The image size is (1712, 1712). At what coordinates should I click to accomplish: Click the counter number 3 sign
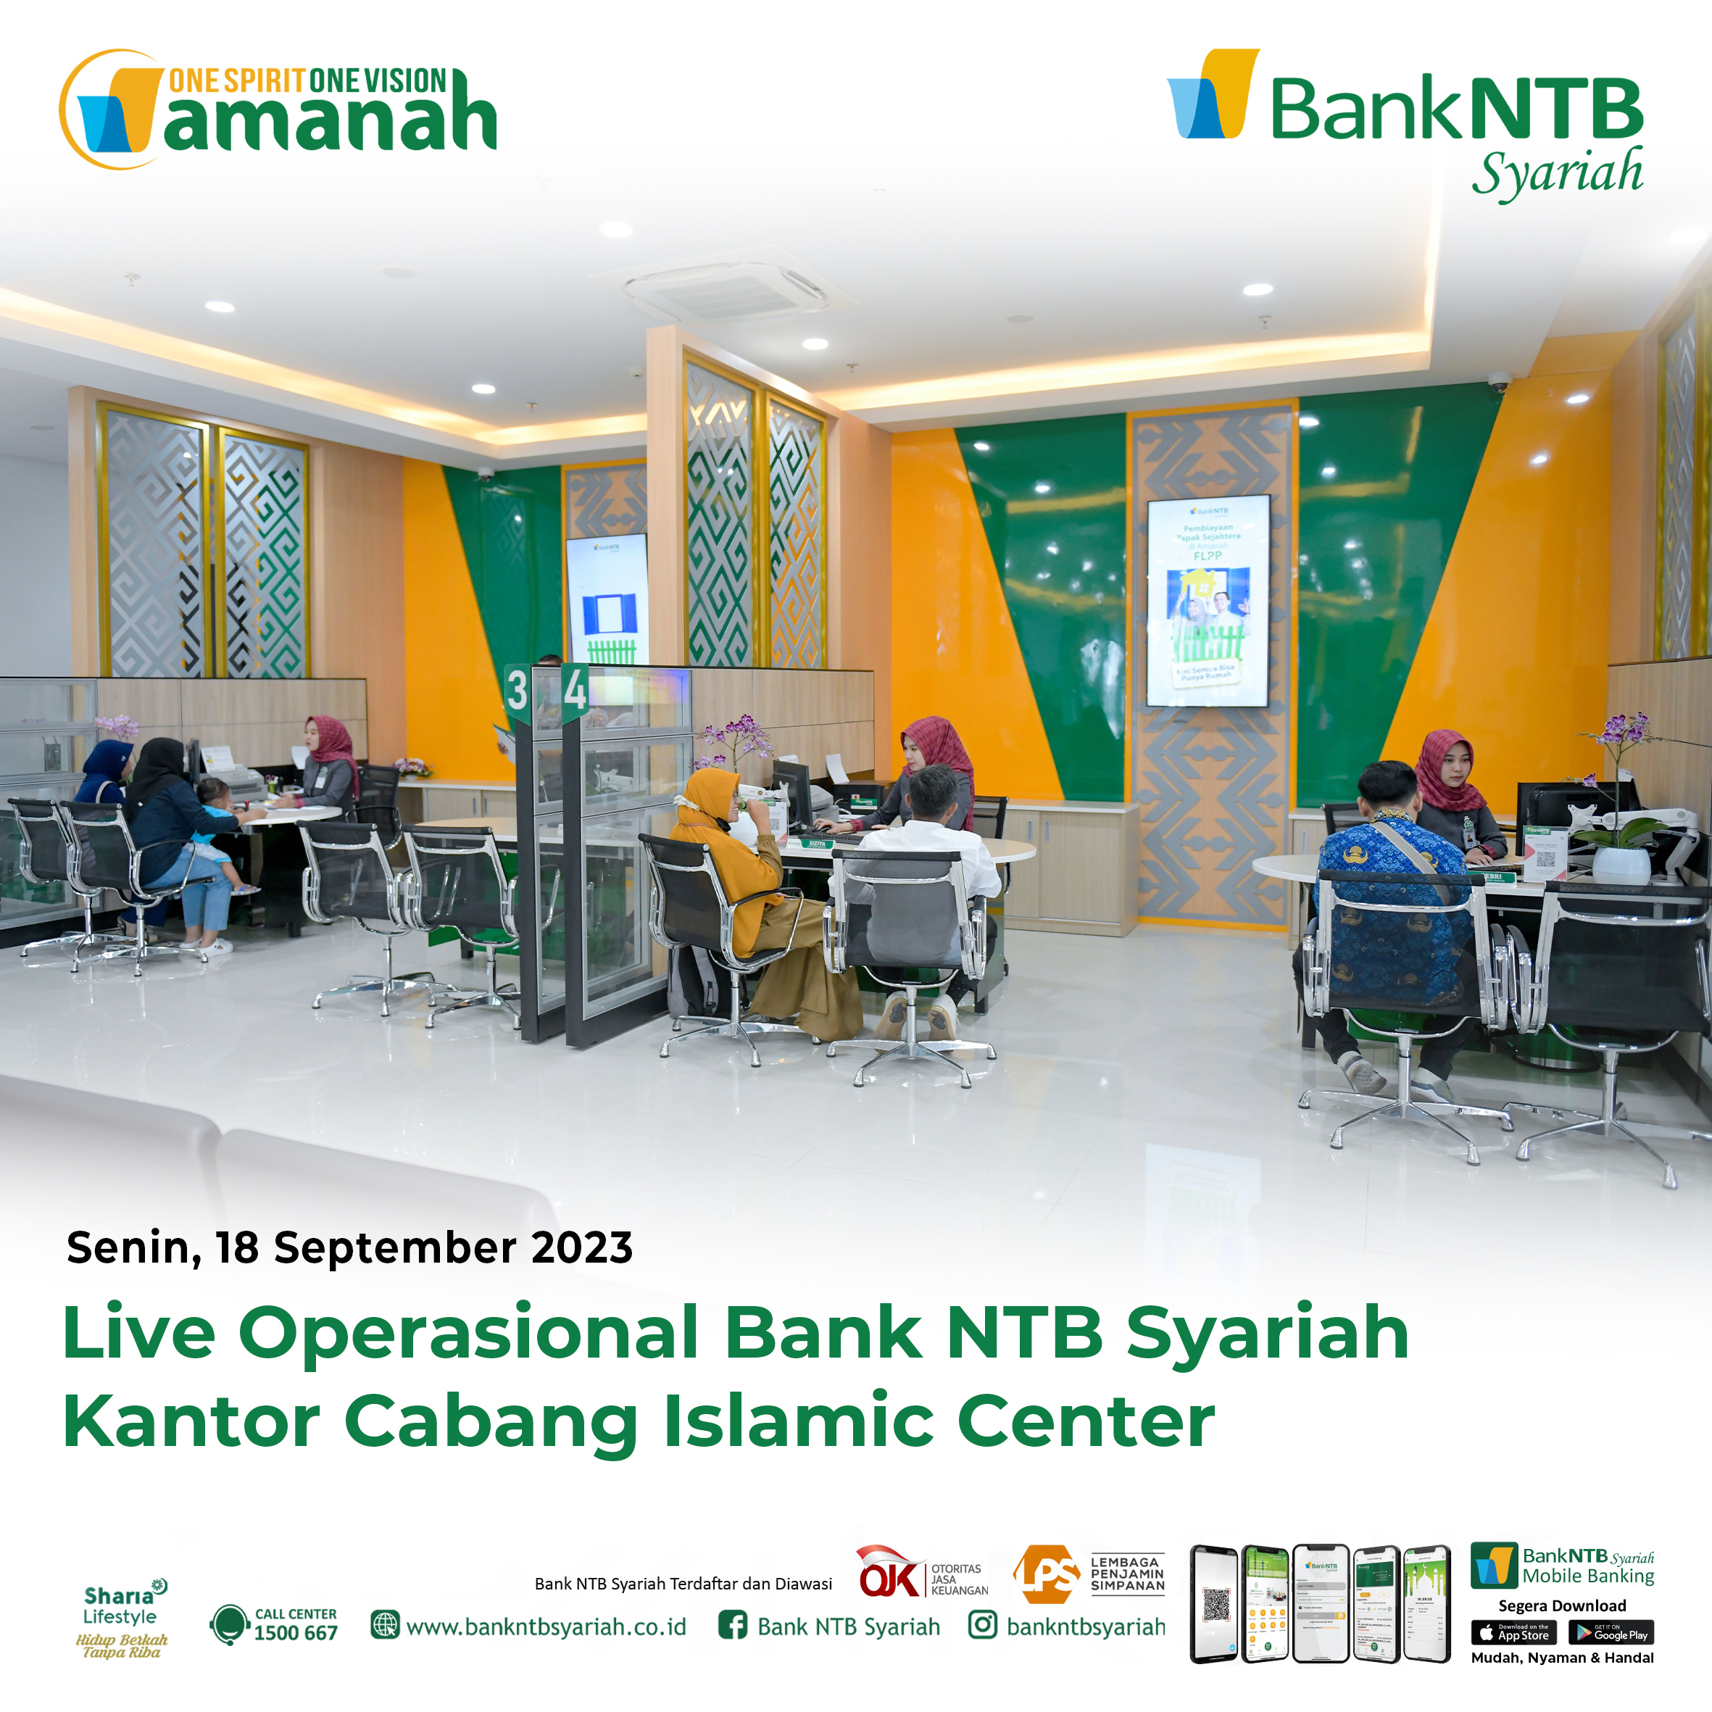(x=518, y=691)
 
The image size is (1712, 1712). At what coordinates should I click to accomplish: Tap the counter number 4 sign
(x=575, y=689)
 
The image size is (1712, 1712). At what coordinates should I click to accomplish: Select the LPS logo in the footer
(x=1047, y=1574)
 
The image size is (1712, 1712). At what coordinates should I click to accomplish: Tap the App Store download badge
(x=1513, y=1632)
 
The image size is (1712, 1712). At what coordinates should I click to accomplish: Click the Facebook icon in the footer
(x=732, y=1625)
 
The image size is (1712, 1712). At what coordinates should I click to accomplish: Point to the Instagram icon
(x=982, y=1625)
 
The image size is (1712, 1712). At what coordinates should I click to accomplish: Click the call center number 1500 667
(x=296, y=1633)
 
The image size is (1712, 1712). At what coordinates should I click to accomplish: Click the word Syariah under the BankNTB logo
(x=1557, y=173)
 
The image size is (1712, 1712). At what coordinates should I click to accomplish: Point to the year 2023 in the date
(x=581, y=1247)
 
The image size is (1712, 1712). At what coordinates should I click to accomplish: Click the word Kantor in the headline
(x=191, y=1421)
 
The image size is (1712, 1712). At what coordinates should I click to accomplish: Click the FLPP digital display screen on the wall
(x=1208, y=602)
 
